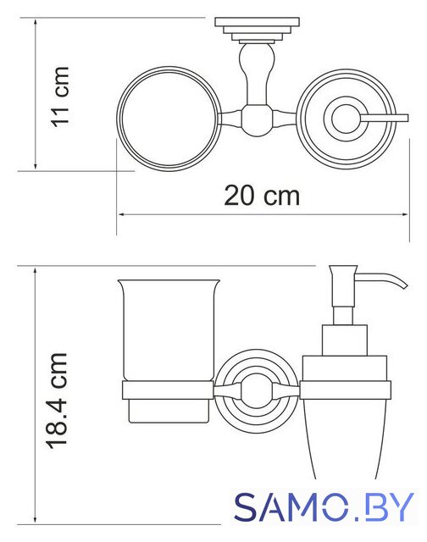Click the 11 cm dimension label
pos(60,97)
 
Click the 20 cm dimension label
pos(262,196)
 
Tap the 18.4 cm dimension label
pos(57,401)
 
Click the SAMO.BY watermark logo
pos(324,507)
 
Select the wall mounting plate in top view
pos(257,22)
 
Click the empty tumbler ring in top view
pos(169,119)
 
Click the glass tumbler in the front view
pos(169,330)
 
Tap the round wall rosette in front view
pos(256,390)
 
